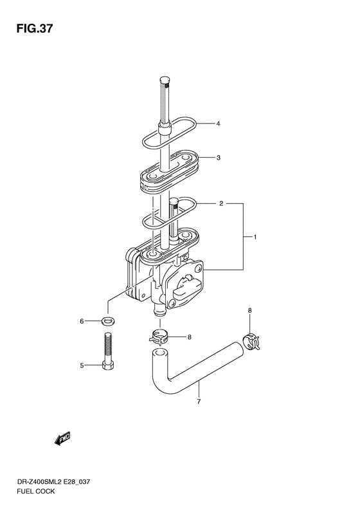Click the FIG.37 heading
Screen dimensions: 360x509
34,28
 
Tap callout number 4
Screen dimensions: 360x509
219,124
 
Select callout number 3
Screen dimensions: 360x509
219,158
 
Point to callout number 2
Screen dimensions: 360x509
221,203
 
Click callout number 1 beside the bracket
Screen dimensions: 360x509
255,237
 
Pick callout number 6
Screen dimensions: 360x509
82,321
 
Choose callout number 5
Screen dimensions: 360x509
82,366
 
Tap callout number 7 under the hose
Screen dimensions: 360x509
199,402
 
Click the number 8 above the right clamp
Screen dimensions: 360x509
249,311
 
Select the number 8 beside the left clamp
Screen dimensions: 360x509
190,337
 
